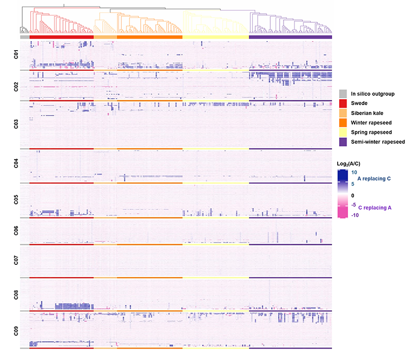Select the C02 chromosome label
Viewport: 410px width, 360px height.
coord(16,85)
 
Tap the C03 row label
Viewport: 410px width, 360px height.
coord(16,124)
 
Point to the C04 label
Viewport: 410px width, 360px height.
coord(16,165)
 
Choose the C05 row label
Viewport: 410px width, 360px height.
coord(16,200)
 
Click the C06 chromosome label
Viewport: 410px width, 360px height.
coord(16,231)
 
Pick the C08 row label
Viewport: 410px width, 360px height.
coord(16,295)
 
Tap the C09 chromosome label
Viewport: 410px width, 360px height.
coord(16,330)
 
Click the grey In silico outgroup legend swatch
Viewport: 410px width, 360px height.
coord(343,93)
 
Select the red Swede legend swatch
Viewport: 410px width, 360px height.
coord(343,103)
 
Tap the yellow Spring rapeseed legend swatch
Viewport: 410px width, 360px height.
coord(343,132)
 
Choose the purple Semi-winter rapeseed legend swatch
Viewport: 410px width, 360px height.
coord(343,142)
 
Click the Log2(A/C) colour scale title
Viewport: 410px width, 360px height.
coord(351,164)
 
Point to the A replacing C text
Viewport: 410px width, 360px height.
coord(378,177)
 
